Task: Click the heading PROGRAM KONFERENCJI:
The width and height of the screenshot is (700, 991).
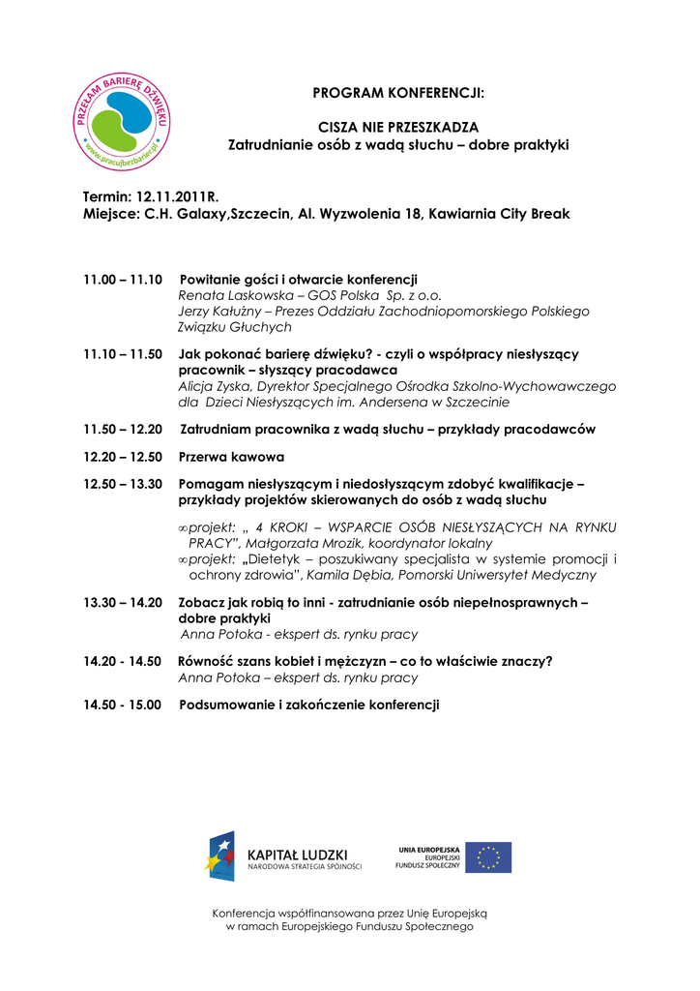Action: (x=397, y=93)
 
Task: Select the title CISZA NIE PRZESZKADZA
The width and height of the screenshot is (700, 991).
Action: (x=398, y=128)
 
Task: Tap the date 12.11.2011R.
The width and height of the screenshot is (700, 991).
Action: (x=177, y=196)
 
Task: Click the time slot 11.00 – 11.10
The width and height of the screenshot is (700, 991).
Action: (x=123, y=280)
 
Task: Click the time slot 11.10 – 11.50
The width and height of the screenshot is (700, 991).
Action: (x=123, y=354)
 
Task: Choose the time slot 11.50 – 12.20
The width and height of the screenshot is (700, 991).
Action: (x=123, y=429)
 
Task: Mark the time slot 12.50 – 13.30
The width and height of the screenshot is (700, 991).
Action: (x=123, y=484)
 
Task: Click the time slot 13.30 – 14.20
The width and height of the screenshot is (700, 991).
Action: (x=123, y=602)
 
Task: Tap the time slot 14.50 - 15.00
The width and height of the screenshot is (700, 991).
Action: (x=123, y=705)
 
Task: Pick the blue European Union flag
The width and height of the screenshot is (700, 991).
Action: (x=488, y=856)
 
